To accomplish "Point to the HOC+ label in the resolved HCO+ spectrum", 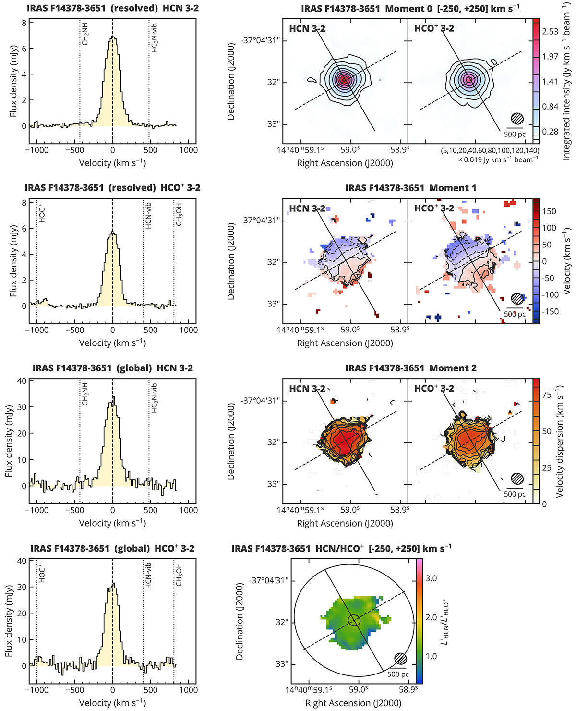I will point(42,213).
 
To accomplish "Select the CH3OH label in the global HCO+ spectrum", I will point(179,574).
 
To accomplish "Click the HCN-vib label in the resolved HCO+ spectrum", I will point(148,216).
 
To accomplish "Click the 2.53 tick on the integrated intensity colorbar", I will point(550,32).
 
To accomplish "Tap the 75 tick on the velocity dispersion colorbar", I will point(547,395).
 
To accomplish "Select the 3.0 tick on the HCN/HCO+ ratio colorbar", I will point(431,578).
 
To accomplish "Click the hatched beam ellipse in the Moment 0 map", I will point(517,118).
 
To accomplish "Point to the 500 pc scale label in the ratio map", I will point(398,674).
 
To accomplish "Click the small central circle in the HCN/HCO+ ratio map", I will point(354,621).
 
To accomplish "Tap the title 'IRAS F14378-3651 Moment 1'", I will point(410,188).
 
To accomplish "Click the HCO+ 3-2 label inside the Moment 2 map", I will point(434,389).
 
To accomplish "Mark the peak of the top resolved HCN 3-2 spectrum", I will point(112,37).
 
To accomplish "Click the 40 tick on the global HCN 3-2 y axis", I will point(22,381).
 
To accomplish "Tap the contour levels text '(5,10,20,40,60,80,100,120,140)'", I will point(490,150).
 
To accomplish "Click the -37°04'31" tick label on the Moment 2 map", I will point(260,401).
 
